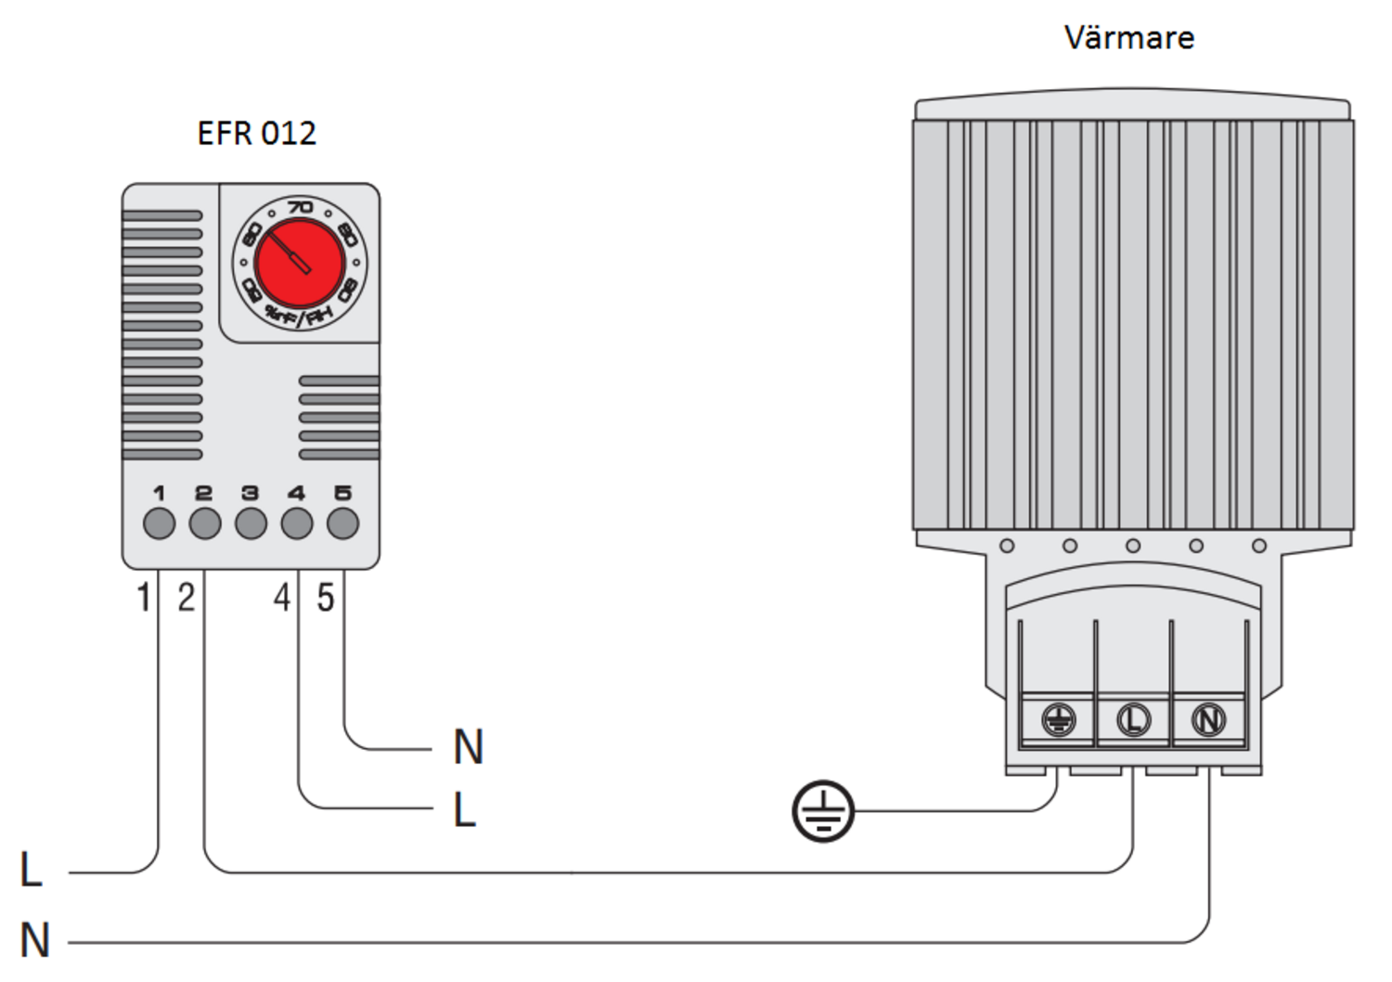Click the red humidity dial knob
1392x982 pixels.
tap(300, 264)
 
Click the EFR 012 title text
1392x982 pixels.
tap(256, 134)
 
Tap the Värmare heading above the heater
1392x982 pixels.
tap(1128, 38)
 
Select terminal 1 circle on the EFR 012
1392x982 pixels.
tap(160, 523)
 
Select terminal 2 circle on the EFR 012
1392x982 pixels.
tap(205, 523)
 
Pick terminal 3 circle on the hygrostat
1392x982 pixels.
tap(251, 523)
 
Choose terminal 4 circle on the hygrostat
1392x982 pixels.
tap(297, 523)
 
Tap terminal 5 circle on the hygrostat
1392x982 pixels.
tap(342, 523)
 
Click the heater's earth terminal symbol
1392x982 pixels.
tap(1058, 719)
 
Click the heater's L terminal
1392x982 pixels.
tap(1133, 719)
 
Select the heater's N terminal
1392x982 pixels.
tap(1208, 719)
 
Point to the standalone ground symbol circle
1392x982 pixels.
tap(823, 811)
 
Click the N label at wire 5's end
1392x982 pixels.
tap(469, 747)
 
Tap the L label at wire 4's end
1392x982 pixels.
tap(464, 810)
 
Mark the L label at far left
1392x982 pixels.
tap(31, 871)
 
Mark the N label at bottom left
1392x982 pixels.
tap(34, 940)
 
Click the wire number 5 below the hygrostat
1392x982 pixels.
tap(325, 598)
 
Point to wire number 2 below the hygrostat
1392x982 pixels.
tap(187, 598)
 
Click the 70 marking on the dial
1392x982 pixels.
tap(300, 207)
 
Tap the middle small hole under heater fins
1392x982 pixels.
tap(1133, 546)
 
